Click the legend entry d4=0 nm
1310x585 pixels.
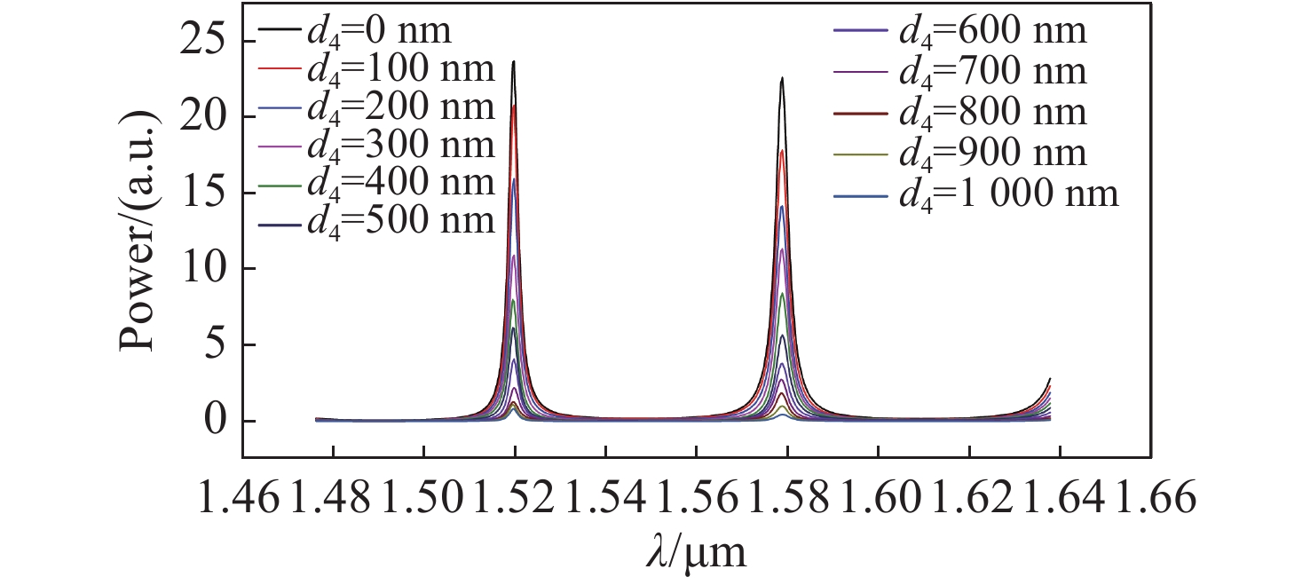355,32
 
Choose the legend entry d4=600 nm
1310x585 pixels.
959,32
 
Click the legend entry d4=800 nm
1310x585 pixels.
959,113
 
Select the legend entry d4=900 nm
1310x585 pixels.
959,154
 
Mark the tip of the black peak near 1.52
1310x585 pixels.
514,61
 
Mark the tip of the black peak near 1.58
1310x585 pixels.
782,77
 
